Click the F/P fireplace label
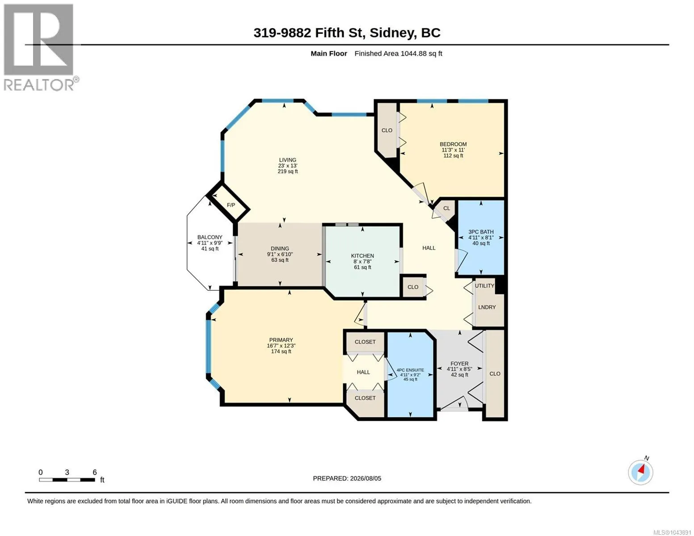pos(231,205)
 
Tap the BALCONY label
pos(210,237)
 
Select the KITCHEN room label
pos(362,255)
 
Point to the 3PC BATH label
pos(481,232)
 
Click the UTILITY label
pos(484,286)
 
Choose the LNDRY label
pos(487,307)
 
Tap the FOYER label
pos(459,364)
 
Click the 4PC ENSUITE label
pos(410,370)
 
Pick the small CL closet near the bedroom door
pos(446,208)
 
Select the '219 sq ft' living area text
pos(287,172)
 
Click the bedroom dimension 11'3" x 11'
pos(453,150)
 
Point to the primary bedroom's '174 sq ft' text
pos(281,352)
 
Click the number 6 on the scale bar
pos(95,472)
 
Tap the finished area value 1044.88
pos(413,54)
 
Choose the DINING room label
pos(280,249)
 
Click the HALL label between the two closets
pos(363,372)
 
